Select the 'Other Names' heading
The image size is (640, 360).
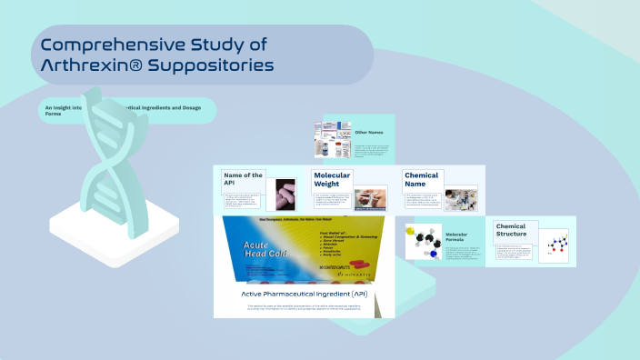368,133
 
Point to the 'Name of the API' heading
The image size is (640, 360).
243,179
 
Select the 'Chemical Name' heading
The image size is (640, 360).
421,179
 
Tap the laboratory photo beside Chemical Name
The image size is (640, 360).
460,197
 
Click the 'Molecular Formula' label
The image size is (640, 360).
463,238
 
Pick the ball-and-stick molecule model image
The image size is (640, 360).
423,242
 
